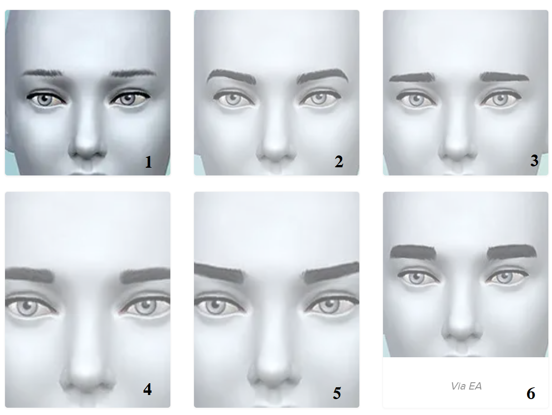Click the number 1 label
pos(149,162)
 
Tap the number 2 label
pos(339,161)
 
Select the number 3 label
pos(534,160)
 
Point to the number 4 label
pos(147,390)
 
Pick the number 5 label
pos(337,393)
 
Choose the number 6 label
pos(531,394)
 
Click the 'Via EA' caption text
pos(466,386)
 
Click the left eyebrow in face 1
pos(42,73)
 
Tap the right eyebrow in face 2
pos(323,75)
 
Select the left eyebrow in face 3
pos(413,77)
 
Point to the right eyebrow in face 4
pos(145,275)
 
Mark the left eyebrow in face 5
pos(219,272)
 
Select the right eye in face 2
pos(319,98)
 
